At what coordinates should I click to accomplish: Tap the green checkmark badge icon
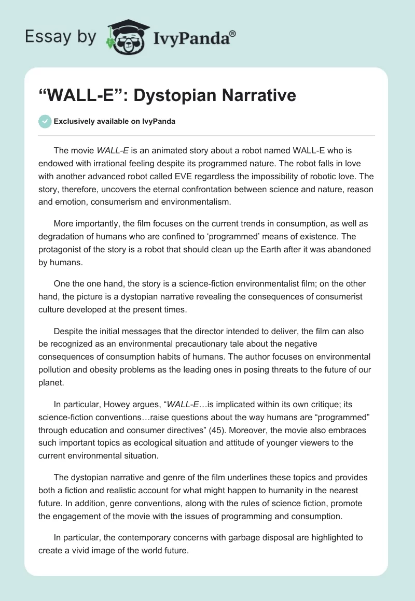(x=45, y=121)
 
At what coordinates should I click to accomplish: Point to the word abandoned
(x=348, y=249)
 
